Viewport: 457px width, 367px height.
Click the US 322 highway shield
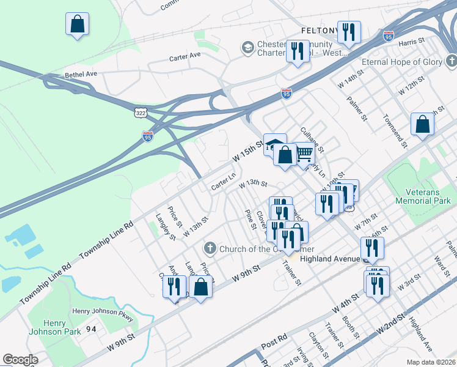(x=141, y=113)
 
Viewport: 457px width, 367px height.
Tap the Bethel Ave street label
(x=81, y=75)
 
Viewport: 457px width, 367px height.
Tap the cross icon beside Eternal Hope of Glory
(x=451, y=62)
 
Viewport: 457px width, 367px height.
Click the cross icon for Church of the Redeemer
(x=210, y=248)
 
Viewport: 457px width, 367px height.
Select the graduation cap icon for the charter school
(x=247, y=48)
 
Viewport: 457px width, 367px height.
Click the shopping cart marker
(x=304, y=154)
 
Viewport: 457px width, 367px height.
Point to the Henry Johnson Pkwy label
(x=102, y=311)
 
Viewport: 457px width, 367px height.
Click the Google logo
(x=20, y=360)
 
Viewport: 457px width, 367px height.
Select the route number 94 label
(x=92, y=328)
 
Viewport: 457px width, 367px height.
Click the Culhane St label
(x=312, y=140)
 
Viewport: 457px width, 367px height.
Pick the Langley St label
(x=166, y=226)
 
